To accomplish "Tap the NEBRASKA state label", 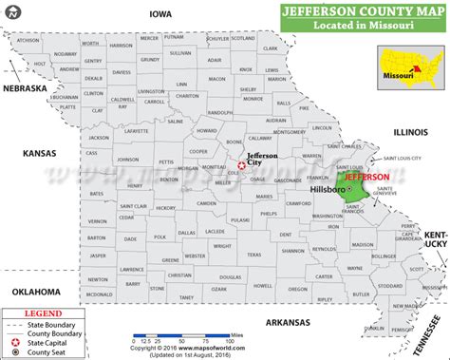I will (24, 88).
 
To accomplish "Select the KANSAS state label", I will (40, 153).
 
